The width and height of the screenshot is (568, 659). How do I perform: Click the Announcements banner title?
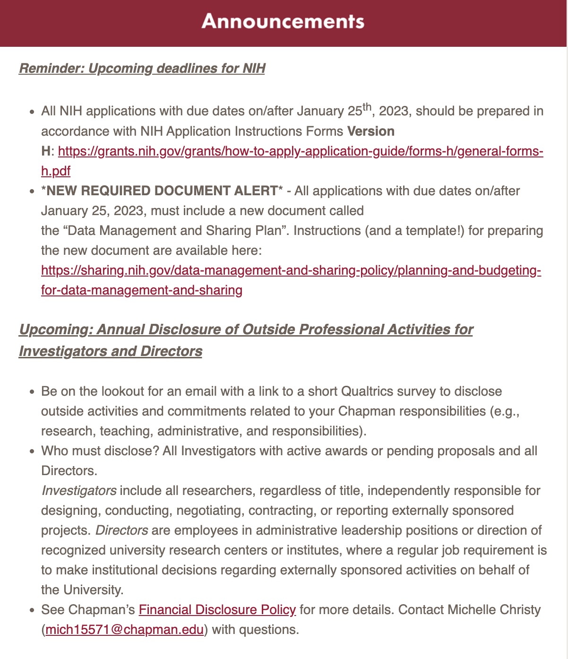283,22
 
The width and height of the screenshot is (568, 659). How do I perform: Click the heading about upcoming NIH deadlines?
142,69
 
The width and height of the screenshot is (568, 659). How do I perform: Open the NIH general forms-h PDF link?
300,152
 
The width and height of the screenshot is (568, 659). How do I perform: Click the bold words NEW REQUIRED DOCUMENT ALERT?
162,191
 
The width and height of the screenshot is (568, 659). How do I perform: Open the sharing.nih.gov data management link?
291,271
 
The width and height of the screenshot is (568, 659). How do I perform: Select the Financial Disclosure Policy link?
217,610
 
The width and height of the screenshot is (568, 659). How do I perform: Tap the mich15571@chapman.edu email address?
125,630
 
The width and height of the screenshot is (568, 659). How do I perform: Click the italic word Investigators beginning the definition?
78,491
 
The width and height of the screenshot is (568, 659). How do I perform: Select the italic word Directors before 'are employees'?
122,530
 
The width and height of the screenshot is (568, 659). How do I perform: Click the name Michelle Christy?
494,610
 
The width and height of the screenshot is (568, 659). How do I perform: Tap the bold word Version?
370,131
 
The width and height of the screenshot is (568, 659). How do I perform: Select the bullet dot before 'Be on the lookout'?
32,392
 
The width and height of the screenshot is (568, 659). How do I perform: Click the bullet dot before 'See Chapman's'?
32,611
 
